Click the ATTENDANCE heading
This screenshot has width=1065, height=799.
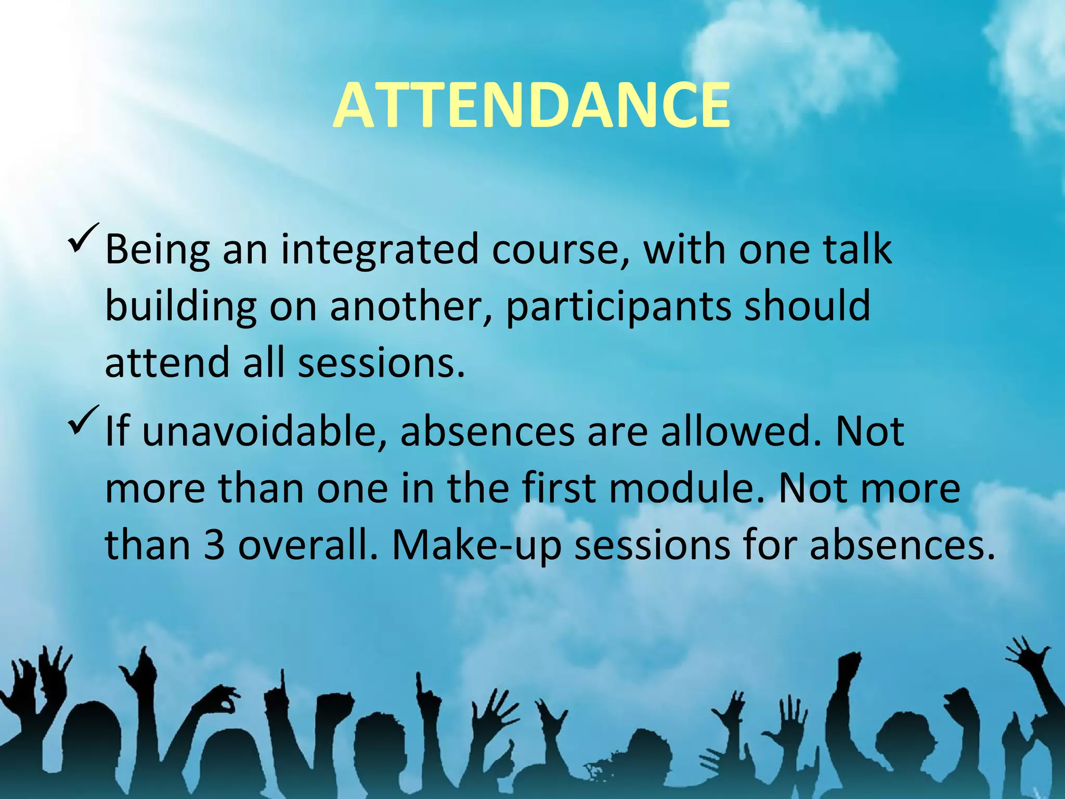pos(531,106)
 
